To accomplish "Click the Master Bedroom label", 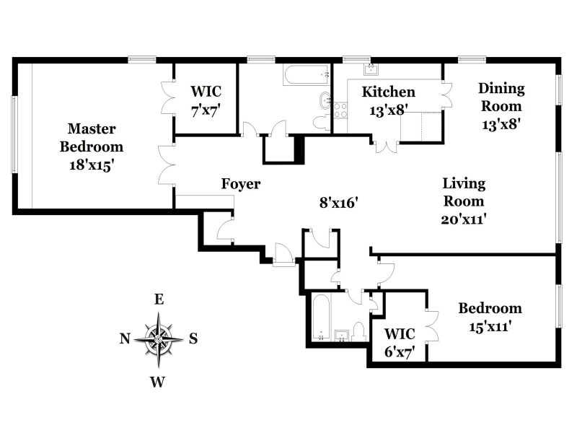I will (95, 138).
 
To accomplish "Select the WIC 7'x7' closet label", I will (206, 101).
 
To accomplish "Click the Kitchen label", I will (389, 92).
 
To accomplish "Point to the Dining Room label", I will (501, 97).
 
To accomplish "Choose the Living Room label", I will (464, 192).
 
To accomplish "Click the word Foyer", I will (241, 184).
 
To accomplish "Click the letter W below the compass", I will (159, 381).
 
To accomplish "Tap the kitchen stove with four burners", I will (340, 110).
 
